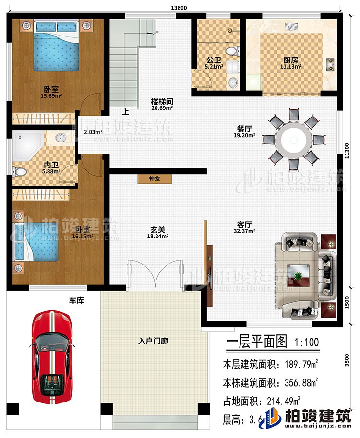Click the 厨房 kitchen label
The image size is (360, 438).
[x=288, y=61]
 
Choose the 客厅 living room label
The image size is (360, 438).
[x=245, y=224]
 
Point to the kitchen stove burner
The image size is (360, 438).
[x=330, y=62]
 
